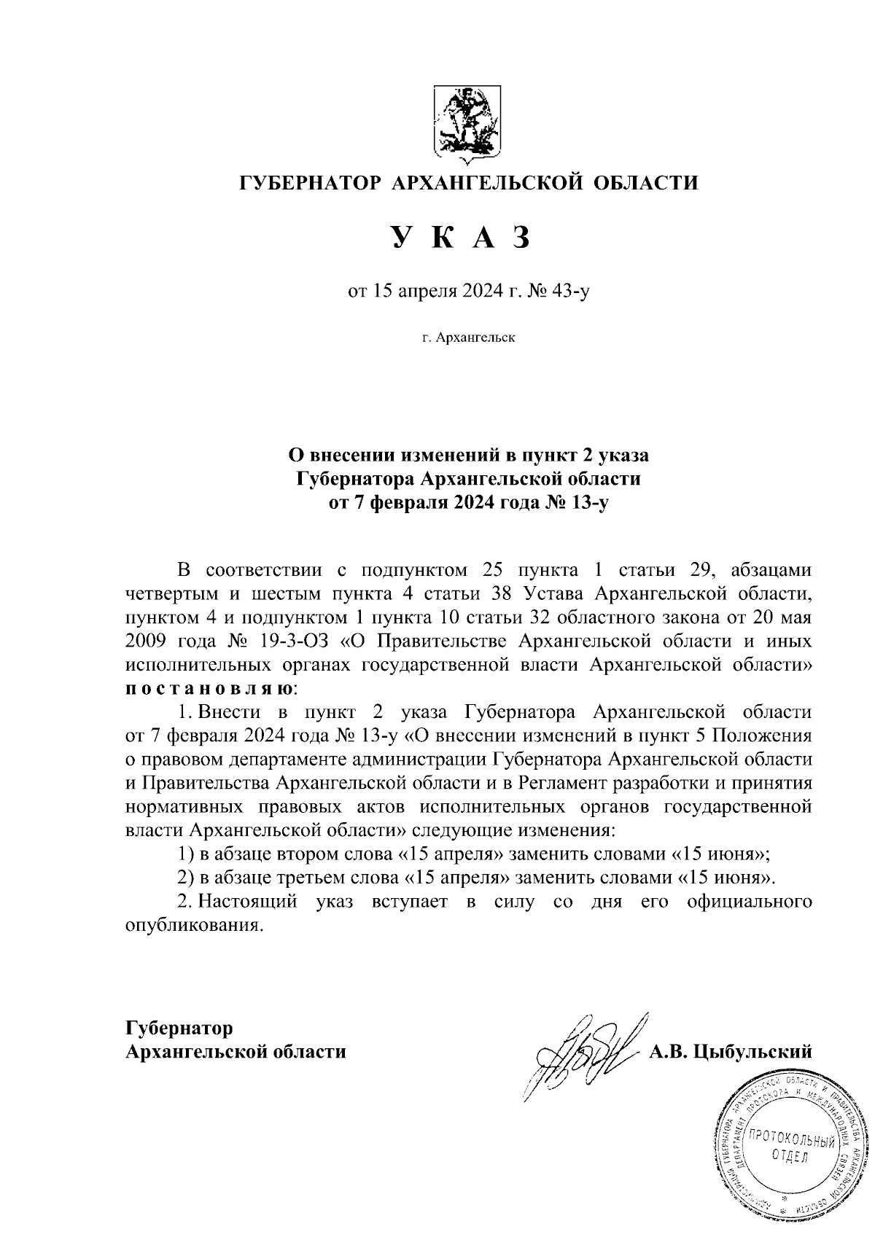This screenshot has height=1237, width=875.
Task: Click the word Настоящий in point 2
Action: coord(249,902)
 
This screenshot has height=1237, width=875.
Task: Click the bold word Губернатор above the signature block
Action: coord(179,1029)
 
